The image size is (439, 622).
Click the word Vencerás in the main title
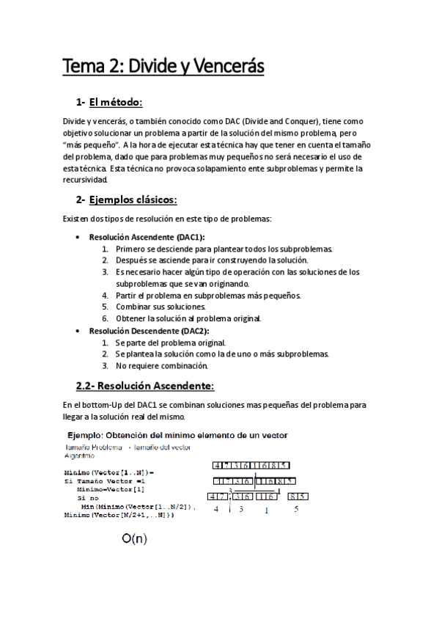[223, 67]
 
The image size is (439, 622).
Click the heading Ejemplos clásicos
[133, 200]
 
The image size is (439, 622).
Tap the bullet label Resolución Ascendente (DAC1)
[147, 237]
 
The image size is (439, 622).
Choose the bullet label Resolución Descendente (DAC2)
[149, 331]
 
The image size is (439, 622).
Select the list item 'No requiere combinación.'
[162, 365]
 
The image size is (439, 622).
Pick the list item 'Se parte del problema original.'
[171, 343]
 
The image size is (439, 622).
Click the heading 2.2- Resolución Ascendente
[145, 385]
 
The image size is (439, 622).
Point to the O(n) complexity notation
[134, 539]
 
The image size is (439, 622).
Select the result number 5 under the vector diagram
[295, 508]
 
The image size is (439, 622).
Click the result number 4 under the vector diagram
[216, 508]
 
